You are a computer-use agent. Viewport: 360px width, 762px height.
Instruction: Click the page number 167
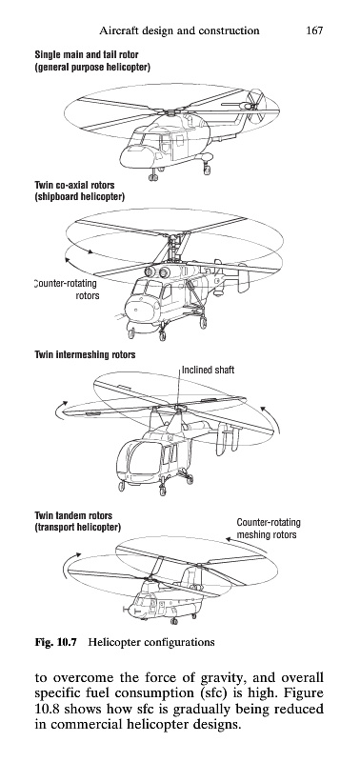pyautogui.click(x=314, y=30)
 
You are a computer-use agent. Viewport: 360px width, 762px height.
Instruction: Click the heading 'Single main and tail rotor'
pyautogui.click(x=87, y=55)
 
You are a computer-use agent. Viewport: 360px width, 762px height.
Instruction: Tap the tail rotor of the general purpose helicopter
pyautogui.click(x=254, y=104)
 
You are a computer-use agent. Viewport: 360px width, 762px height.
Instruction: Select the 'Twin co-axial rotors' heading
pyautogui.click(x=75, y=185)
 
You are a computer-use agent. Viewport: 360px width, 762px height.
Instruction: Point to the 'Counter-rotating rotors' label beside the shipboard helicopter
pyautogui.click(x=67, y=290)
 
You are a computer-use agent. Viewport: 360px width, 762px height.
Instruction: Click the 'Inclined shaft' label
pyautogui.click(x=208, y=370)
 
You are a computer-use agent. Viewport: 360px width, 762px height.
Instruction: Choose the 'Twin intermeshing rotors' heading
pyautogui.click(x=85, y=354)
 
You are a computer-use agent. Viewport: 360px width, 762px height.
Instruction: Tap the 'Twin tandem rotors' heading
pyautogui.click(x=73, y=515)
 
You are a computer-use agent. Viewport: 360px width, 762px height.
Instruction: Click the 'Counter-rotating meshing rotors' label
pyautogui.click(x=269, y=529)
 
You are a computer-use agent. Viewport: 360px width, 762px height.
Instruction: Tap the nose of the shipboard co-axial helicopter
pyautogui.click(x=136, y=309)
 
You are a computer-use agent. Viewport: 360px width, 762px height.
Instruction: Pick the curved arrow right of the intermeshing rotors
pyautogui.click(x=272, y=418)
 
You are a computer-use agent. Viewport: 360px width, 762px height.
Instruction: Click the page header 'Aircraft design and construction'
pyautogui.click(x=179, y=31)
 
